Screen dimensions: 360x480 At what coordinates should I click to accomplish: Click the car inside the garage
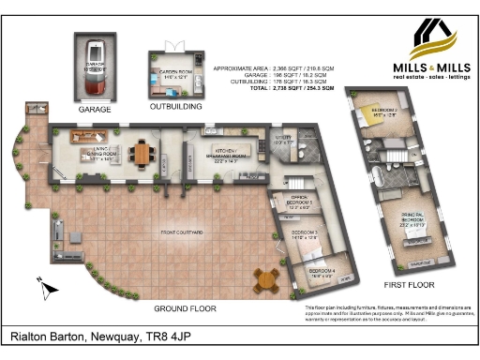pyautogui.click(x=96, y=67)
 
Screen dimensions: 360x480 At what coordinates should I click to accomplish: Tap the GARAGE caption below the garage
pyautogui.click(x=96, y=110)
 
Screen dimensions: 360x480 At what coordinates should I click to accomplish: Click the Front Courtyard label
pyautogui.click(x=183, y=231)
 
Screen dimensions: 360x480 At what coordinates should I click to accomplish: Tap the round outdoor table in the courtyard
pyautogui.click(x=268, y=277)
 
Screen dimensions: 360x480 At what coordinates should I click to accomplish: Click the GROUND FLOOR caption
pyautogui.click(x=185, y=307)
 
